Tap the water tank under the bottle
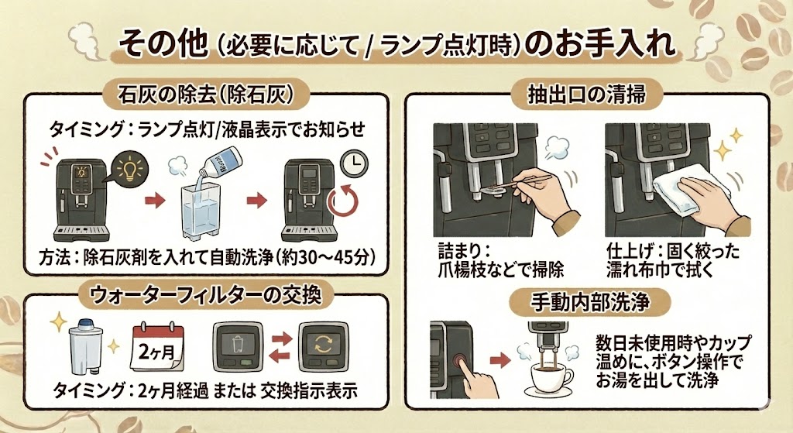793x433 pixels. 204,212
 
